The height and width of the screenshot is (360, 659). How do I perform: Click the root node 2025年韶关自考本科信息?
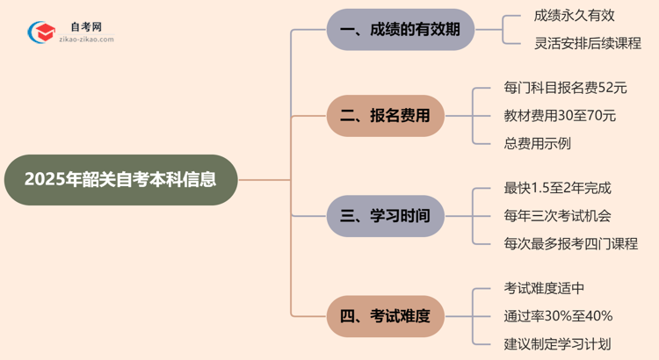(120, 180)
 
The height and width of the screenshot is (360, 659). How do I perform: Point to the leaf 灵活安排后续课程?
(588, 43)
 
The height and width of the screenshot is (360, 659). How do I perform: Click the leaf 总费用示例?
(538, 142)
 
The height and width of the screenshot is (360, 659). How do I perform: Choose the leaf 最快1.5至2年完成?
(557, 188)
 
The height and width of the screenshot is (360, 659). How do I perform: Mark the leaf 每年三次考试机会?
(557, 215)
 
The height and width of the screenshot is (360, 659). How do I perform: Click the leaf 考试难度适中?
(546, 288)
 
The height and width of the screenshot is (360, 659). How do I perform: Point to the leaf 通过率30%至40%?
(558, 315)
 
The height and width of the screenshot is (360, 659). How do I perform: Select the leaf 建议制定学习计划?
(557, 343)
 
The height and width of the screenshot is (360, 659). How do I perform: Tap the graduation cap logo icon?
(40, 33)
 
